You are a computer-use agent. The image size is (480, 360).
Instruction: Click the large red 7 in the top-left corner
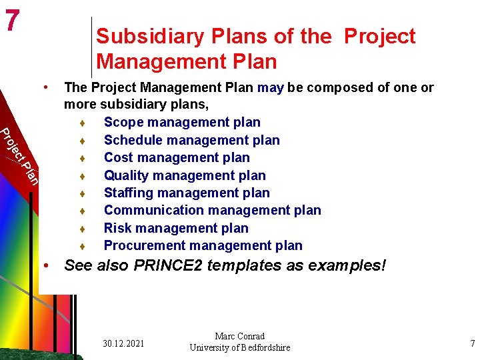(11, 21)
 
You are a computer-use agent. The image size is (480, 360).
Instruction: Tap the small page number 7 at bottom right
(473, 344)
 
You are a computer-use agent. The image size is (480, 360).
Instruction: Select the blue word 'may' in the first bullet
(271, 87)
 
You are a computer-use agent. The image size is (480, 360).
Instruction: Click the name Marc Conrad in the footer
(239, 336)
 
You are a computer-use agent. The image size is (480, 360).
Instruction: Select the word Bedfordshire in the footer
(260, 347)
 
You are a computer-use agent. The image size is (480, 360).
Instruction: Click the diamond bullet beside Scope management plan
(80, 123)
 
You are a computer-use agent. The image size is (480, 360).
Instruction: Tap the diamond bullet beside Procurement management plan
(80, 247)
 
